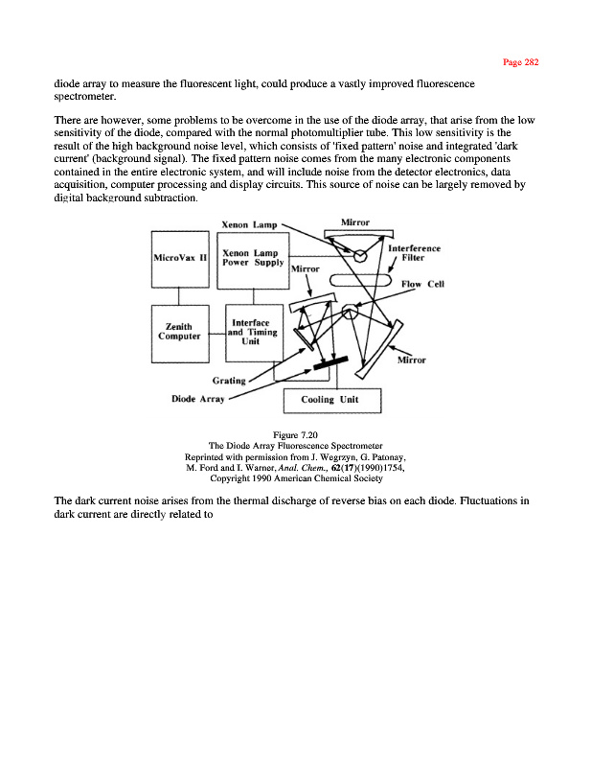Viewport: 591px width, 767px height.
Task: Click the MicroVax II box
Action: [181, 259]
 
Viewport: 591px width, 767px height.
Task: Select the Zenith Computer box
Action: [181, 333]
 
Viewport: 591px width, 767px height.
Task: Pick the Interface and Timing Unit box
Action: [253, 333]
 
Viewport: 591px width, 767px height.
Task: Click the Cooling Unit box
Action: [332, 400]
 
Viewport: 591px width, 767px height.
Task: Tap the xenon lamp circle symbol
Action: [360, 257]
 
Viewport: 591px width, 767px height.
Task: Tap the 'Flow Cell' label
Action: [422, 284]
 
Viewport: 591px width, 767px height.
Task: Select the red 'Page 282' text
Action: [521, 62]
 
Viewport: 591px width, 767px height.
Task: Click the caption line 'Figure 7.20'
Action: [295, 435]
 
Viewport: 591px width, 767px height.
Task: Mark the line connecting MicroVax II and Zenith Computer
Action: [181, 296]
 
